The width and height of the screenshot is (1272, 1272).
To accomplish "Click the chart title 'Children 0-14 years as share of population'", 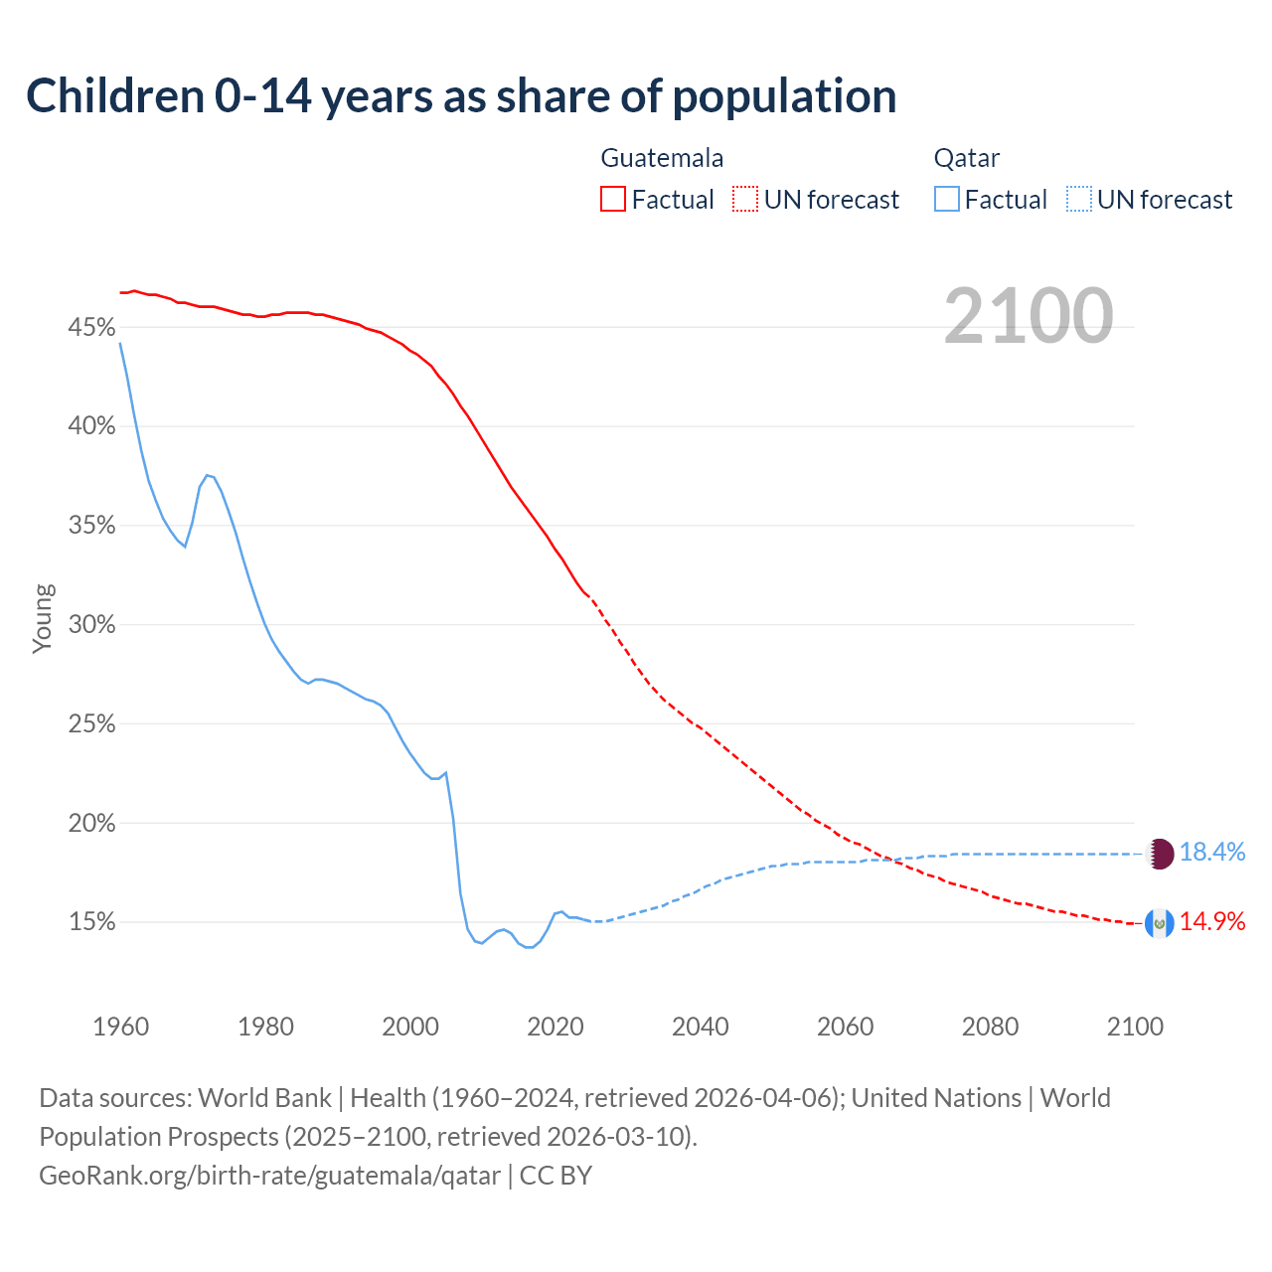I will (x=461, y=96).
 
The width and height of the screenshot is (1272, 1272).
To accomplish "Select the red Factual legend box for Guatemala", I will (x=613, y=200).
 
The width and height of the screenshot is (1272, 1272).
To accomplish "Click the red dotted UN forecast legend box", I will (x=745, y=200).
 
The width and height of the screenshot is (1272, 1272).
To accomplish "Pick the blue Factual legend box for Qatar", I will (x=947, y=200).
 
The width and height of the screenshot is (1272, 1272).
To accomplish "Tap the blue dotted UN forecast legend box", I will (x=1079, y=200).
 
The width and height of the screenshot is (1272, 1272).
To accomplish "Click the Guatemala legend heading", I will (x=662, y=158).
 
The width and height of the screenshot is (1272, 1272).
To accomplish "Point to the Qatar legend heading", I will (x=966, y=158).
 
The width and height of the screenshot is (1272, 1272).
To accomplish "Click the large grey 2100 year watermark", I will (x=1029, y=316).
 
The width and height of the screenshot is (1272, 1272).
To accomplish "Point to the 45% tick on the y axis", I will (x=91, y=327).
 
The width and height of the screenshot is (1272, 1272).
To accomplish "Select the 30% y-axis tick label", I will (x=91, y=625).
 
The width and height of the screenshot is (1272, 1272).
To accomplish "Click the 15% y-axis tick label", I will (x=91, y=922).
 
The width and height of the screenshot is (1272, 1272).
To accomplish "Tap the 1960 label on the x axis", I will (x=120, y=1027).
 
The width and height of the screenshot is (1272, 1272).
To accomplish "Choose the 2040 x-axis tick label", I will (x=701, y=1027).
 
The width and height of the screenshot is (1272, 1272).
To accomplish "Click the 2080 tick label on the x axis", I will (x=990, y=1027).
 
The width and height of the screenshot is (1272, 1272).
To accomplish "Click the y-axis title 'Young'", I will (x=43, y=618).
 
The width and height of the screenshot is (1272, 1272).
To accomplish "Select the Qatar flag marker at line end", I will (x=1160, y=854).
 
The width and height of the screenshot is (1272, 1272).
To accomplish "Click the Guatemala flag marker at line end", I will (x=1160, y=923).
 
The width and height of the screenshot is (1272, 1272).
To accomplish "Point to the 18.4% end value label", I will (x=1212, y=852).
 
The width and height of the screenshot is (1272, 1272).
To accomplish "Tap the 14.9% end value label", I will (x=1212, y=921).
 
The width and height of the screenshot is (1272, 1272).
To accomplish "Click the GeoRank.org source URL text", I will (x=269, y=1176).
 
